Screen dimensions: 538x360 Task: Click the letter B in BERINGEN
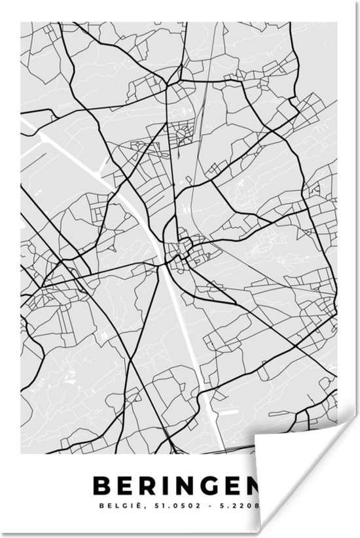click(103, 484)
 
